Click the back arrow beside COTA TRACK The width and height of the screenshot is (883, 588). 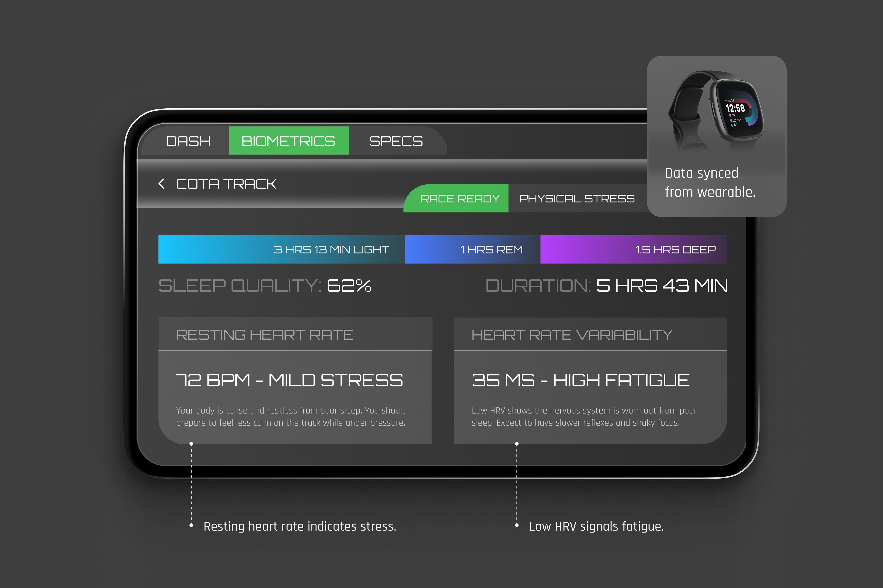(162, 184)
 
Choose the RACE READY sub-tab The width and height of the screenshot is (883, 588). (460, 198)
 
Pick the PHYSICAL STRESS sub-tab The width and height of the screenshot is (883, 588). (577, 198)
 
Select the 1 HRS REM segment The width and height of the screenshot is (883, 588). (473, 249)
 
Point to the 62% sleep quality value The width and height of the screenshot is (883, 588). (349, 286)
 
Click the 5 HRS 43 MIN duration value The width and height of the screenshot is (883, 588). (661, 286)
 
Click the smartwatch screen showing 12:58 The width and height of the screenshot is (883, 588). (736, 111)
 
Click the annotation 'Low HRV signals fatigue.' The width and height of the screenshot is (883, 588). (596, 526)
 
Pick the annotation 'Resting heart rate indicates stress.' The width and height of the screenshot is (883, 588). (299, 526)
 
